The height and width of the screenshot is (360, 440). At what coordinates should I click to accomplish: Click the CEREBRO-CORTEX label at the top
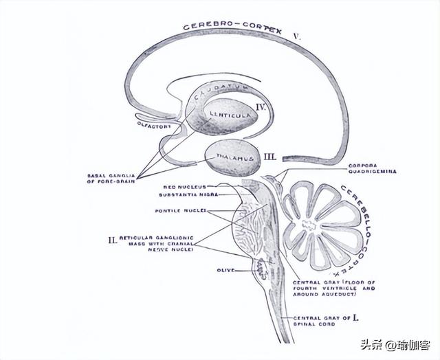234,27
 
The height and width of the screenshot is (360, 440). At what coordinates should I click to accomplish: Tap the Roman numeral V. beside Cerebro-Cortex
297,33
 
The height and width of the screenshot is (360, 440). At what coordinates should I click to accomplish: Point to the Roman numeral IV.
261,107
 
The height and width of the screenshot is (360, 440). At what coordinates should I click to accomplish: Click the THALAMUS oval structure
230,157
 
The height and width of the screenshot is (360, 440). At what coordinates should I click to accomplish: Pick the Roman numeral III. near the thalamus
269,157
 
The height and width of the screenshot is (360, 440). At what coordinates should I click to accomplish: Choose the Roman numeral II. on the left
112,239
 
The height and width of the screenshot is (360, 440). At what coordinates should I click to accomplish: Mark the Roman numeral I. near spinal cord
355,317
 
